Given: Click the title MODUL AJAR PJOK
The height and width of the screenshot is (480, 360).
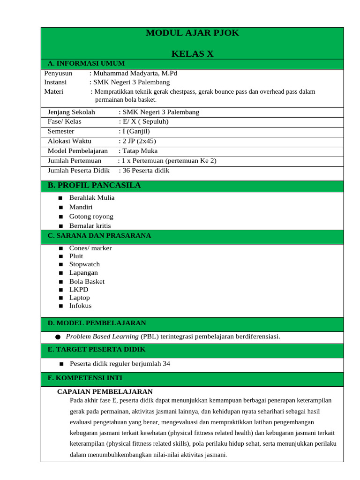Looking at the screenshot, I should pyautogui.click(x=192, y=33).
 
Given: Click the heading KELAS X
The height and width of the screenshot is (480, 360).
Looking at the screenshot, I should pyautogui.click(x=192, y=54).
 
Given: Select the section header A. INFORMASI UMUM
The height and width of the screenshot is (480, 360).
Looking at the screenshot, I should pyautogui.click(x=86, y=64).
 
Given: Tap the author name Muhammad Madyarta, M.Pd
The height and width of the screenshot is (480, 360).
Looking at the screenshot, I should pyautogui.click(x=135, y=73).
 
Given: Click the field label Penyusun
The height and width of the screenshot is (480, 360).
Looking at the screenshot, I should pyautogui.click(x=58, y=73).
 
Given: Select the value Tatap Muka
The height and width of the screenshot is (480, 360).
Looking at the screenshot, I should pyautogui.click(x=140, y=151).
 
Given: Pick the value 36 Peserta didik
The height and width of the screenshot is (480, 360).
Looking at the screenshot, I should pyautogui.click(x=146, y=171).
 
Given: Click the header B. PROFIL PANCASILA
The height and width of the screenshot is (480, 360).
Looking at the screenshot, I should pyautogui.click(x=94, y=186).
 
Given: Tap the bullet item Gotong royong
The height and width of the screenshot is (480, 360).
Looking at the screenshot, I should pyautogui.click(x=91, y=217).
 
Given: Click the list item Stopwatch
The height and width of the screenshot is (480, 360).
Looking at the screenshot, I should pyautogui.click(x=84, y=264).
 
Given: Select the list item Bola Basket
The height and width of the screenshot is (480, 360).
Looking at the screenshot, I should pyautogui.click(x=87, y=282).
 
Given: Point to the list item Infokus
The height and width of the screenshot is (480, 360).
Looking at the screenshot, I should pyautogui.click(x=80, y=306).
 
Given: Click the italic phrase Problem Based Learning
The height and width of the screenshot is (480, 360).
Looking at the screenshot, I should pyautogui.click(x=102, y=337).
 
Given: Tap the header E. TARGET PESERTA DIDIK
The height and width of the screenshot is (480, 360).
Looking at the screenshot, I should pyautogui.click(x=97, y=350).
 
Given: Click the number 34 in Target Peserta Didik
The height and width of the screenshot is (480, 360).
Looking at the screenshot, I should pyautogui.click(x=166, y=364).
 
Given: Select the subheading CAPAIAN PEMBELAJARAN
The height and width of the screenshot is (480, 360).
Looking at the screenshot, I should pyautogui.click(x=105, y=391).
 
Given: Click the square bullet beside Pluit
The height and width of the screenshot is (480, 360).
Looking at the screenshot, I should pyautogui.click(x=60, y=256).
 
